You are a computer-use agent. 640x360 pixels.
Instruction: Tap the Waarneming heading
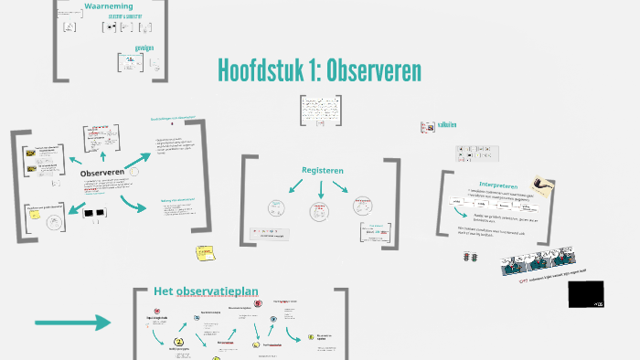(109, 7)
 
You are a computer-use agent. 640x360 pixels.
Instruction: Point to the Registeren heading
(322, 170)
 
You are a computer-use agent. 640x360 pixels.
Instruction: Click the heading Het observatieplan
(206, 292)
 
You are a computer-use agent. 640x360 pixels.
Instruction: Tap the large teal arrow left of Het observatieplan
(72, 322)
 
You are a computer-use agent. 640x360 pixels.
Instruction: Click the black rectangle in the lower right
(586, 294)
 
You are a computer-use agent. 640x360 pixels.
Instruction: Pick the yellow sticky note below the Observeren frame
(203, 253)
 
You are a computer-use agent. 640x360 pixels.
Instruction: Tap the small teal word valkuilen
(447, 125)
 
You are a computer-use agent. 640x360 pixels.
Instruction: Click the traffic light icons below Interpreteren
(472, 259)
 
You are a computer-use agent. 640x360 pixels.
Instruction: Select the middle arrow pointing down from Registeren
(322, 190)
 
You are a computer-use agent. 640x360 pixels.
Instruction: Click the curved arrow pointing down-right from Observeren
(133, 204)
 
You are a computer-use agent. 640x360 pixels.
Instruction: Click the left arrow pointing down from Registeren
(298, 187)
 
